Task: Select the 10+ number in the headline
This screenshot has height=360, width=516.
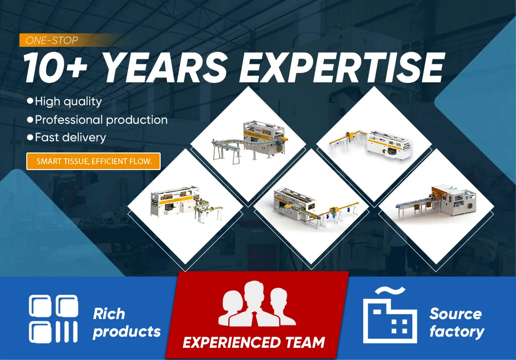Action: tap(55, 67)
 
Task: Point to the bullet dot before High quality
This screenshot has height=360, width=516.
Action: tap(30, 101)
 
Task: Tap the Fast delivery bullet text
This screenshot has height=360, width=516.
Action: tap(71, 137)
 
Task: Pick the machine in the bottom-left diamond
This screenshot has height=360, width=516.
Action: tap(186, 204)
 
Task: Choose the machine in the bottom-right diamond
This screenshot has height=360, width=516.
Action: tap(436, 202)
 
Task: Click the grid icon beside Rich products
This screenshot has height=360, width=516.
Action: tap(54, 319)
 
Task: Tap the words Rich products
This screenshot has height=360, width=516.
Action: tap(127, 323)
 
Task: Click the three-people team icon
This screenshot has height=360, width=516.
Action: tap(257, 303)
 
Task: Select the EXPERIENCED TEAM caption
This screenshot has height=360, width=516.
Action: tap(254, 342)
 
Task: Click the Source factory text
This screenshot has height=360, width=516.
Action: tap(457, 323)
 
